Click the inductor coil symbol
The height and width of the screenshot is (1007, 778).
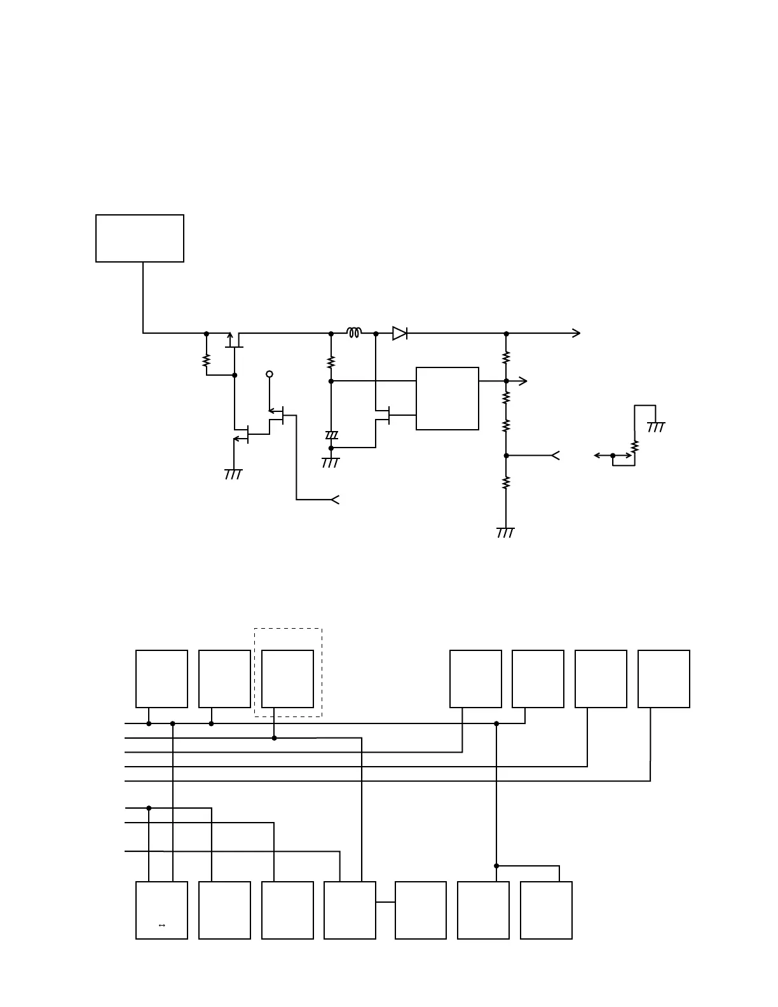click(354, 332)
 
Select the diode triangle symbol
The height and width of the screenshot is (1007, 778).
click(400, 333)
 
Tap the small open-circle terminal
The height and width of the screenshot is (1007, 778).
click(270, 374)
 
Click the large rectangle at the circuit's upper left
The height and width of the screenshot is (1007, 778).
click(140, 238)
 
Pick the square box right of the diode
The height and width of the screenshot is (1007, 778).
click(447, 399)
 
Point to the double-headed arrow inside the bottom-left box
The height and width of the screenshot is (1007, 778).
click(161, 926)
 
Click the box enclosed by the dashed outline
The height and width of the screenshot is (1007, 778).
click(287, 678)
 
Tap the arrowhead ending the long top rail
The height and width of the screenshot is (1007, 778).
click(576, 333)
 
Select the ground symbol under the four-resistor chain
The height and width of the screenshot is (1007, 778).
click(505, 533)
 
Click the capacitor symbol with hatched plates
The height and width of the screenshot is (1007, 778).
click(331, 435)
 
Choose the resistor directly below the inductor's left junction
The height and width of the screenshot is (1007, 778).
click(331, 362)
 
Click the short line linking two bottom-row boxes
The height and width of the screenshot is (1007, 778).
click(385, 902)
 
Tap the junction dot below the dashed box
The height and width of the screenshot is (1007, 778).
click(274, 738)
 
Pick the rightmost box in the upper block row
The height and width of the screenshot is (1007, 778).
click(664, 678)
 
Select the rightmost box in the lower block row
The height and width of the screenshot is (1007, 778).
click(546, 910)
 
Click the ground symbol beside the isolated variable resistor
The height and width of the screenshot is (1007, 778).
click(656, 427)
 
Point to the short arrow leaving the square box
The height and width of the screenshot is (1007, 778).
click(521, 381)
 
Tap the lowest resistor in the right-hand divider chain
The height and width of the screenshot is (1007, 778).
click(506, 483)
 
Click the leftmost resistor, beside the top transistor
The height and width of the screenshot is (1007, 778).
click(207, 360)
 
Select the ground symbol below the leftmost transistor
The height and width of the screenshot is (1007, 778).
click(233, 474)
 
